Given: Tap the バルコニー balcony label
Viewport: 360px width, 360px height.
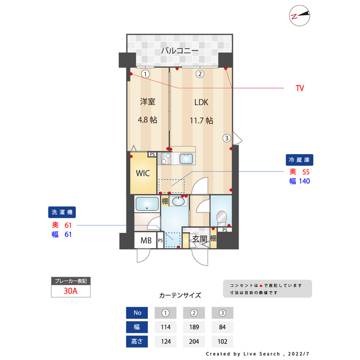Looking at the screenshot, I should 179,51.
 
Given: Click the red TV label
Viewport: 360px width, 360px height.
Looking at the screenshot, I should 300,88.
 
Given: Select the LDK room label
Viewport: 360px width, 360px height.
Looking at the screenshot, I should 201,102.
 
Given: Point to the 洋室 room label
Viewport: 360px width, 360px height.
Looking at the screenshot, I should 147,102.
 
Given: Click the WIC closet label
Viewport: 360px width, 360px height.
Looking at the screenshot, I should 142,173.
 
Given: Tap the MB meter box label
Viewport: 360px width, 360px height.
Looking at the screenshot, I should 145,241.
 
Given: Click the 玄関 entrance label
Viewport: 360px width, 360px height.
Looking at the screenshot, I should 200,239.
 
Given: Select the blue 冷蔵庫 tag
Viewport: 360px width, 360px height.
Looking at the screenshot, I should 299,160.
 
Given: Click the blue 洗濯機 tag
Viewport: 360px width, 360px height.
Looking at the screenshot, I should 61,212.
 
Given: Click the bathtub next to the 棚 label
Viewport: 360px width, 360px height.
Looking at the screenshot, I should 147,204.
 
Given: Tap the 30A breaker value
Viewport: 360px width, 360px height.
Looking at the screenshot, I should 70,291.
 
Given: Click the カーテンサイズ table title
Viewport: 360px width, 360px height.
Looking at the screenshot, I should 180,295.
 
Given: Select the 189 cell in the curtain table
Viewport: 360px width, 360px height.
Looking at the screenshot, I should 193,327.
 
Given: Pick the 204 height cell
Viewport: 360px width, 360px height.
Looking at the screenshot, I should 193,341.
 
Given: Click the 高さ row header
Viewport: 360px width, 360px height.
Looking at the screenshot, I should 138,341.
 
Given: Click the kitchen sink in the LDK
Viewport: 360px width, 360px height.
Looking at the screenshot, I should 187,159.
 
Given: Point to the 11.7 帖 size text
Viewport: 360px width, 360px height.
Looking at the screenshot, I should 201,120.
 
